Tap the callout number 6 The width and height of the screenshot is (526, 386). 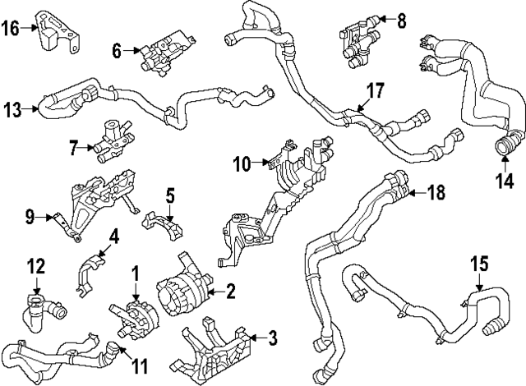(x=117, y=52)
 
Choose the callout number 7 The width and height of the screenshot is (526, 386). (x=73, y=149)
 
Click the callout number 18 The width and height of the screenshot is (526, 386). (x=437, y=193)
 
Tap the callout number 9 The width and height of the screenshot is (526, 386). (x=30, y=218)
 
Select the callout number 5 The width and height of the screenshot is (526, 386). (x=170, y=195)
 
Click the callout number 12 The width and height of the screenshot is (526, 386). (x=35, y=267)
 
